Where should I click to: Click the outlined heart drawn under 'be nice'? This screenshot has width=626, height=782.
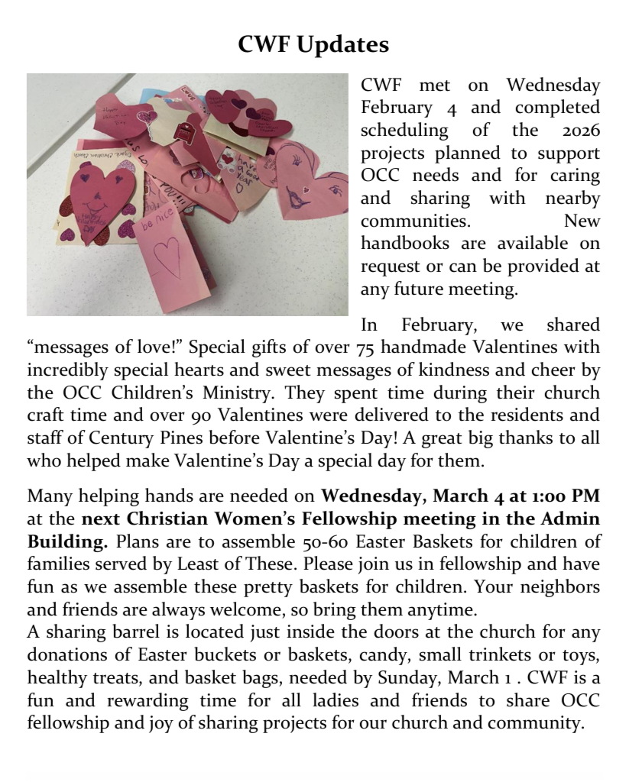click(x=167, y=255)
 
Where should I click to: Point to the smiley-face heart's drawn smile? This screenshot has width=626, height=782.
click(x=93, y=207)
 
